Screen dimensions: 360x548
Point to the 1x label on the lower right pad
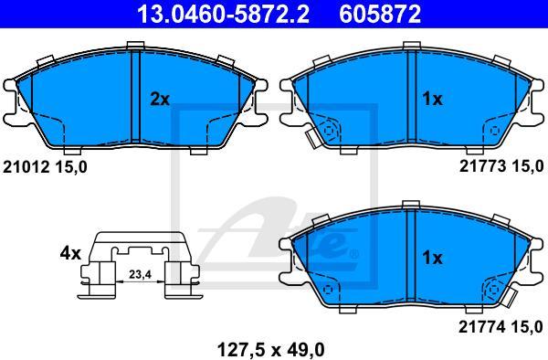(x=430, y=259)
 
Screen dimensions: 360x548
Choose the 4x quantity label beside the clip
(x=70, y=252)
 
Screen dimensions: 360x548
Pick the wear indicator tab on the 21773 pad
(x=317, y=134)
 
